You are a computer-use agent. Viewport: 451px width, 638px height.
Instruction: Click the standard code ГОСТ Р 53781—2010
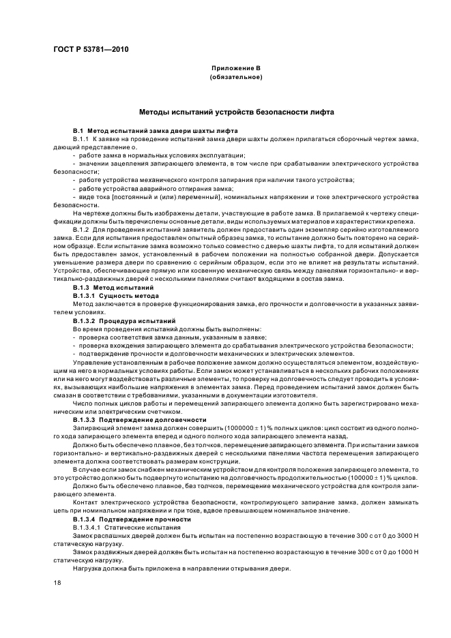(90, 49)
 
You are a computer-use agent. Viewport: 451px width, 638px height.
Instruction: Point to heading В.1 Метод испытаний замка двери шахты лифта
(155, 130)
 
